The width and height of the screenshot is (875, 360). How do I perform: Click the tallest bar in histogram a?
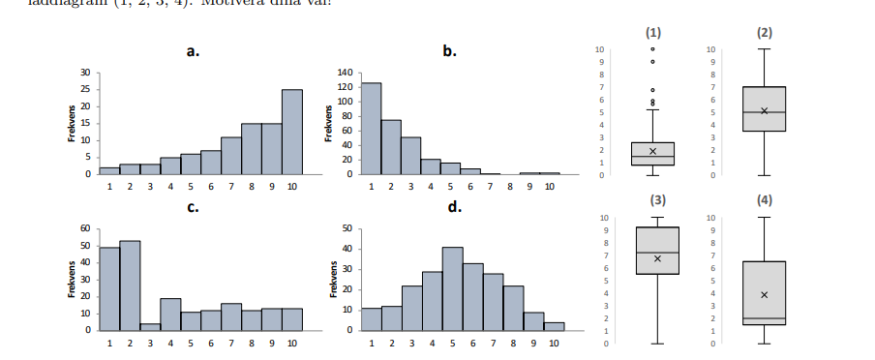pyautogui.click(x=292, y=132)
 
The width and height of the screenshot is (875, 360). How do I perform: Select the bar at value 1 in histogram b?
pyautogui.click(x=371, y=129)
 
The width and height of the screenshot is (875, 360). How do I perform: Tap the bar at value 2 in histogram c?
pyautogui.click(x=129, y=285)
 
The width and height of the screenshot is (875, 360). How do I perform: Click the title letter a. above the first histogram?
pyautogui.click(x=193, y=51)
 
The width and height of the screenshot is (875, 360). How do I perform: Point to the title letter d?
pyautogui.click(x=453, y=208)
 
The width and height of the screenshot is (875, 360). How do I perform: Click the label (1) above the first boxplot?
pyautogui.click(x=652, y=32)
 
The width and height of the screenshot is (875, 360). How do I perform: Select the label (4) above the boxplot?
pyautogui.click(x=765, y=202)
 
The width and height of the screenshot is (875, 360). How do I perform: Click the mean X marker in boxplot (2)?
pyautogui.click(x=764, y=110)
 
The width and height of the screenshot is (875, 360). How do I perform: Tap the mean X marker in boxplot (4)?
pyautogui.click(x=764, y=294)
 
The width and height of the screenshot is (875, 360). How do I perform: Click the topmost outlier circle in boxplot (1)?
pyautogui.click(x=652, y=48)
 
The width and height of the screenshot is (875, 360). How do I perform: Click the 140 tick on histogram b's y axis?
pyautogui.click(x=345, y=73)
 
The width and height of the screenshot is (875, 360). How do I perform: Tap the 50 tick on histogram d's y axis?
pyautogui.click(x=346, y=228)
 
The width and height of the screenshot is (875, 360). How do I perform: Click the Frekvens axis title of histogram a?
pyautogui.click(x=74, y=124)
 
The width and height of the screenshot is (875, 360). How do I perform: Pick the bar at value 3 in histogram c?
pyautogui.click(x=149, y=326)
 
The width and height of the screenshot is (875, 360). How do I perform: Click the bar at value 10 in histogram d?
pyautogui.click(x=554, y=326)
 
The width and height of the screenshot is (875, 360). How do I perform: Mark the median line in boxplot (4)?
pyautogui.click(x=764, y=317)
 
